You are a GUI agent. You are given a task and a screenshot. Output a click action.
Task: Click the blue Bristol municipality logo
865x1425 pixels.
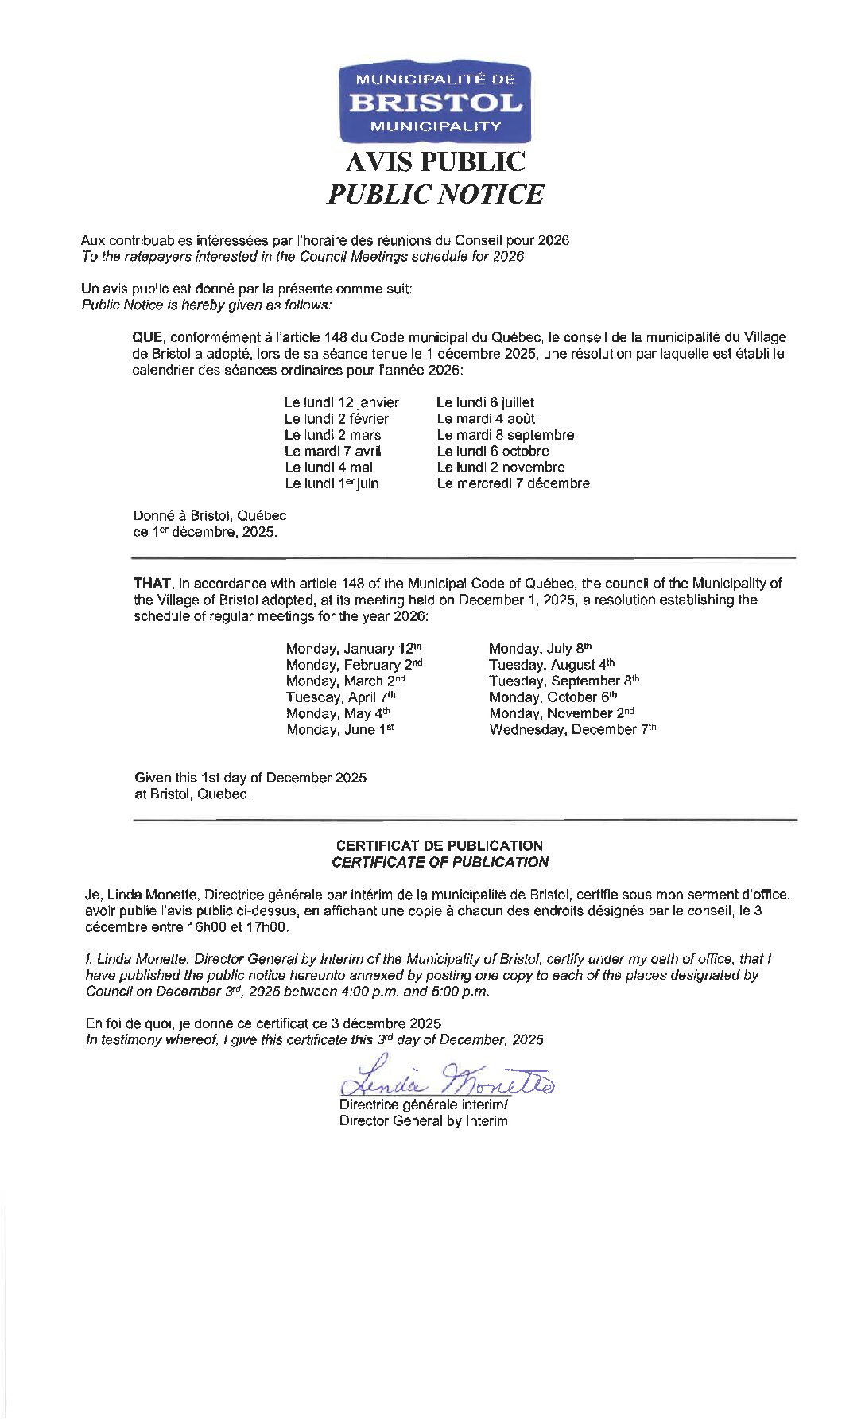pos(431,103)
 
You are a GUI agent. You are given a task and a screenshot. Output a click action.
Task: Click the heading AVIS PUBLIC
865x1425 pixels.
pos(435,162)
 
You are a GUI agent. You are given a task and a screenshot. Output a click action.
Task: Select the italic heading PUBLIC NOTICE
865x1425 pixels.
pos(435,194)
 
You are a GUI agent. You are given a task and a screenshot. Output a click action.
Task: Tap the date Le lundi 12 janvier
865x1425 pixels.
pos(342,402)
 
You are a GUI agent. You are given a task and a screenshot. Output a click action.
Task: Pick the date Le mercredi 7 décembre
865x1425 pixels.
pos(513,483)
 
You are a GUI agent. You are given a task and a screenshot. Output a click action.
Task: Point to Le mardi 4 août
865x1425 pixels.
pos(486,418)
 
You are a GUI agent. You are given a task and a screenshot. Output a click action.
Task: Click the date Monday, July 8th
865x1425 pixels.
pos(540,649)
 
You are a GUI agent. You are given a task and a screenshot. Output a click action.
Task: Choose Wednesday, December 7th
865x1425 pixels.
pos(572,729)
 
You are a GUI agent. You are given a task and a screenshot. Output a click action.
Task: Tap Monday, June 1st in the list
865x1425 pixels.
pos(340,729)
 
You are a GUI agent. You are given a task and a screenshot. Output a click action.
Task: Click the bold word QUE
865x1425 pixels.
pos(147,338)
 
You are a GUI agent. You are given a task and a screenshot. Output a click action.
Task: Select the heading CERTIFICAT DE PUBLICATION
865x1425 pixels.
pos(439,845)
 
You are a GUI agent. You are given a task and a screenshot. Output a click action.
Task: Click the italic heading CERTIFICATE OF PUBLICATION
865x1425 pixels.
pos(439,861)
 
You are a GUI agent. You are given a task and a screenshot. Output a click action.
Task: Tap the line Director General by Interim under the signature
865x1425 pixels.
pos(423,1121)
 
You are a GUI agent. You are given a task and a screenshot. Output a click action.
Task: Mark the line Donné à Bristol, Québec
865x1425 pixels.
pos(210,516)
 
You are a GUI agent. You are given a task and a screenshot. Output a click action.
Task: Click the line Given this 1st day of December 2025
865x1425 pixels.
pos(250,778)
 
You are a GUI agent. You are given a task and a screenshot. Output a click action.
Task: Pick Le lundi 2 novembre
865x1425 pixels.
pos(500,467)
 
